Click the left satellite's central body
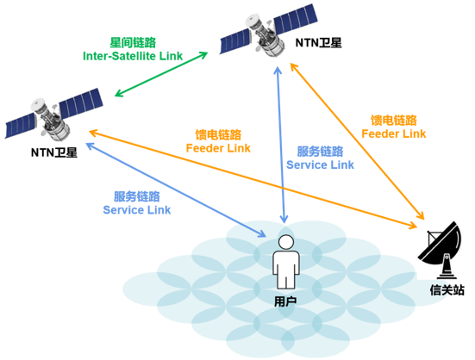click(x=51, y=118)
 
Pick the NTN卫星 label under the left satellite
click(x=53, y=153)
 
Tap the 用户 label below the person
click(x=284, y=301)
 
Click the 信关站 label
click(x=447, y=289)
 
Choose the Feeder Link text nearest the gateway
click(x=393, y=133)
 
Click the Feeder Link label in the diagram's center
click(x=218, y=147)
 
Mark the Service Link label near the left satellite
click(x=136, y=209)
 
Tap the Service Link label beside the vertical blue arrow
click(x=320, y=164)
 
